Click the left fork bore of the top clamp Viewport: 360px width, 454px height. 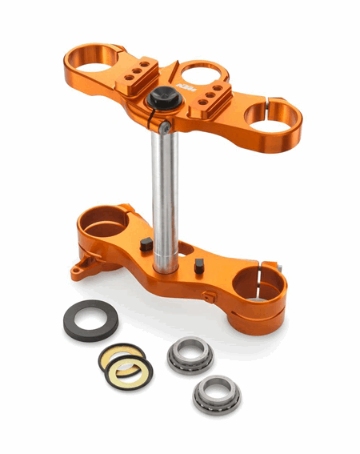(94, 58)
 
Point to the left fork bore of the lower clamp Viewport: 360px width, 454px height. (104, 220)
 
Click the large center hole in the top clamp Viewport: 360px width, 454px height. (202, 76)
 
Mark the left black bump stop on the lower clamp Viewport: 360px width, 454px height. (146, 245)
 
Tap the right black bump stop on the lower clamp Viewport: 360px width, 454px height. (198, 266)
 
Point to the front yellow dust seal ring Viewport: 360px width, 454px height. (130, 371)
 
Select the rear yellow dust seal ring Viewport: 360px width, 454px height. (121, 356)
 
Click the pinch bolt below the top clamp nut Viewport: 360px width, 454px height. (162, 127)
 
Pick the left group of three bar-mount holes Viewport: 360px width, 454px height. (138, 70)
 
